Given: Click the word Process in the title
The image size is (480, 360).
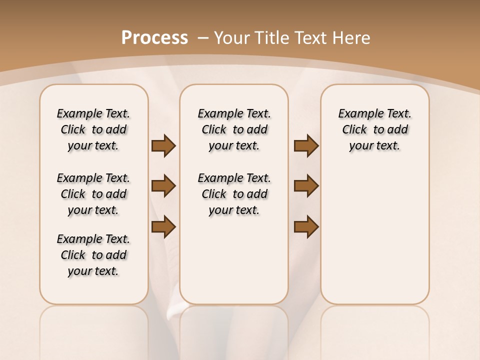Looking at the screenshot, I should click(x=154, y=38).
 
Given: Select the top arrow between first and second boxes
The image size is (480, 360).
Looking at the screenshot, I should click(x=163, y=146).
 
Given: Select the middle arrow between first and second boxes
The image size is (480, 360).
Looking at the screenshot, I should click(x=163, y=186).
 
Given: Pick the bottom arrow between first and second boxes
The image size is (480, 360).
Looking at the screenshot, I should click(x=163, y=227).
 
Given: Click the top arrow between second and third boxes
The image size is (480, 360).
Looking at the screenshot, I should click(x=306, y=146).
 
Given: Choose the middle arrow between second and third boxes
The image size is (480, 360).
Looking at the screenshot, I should click(x=306, y=186).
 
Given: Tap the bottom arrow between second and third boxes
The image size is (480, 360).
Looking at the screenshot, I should click(x=306, y=227).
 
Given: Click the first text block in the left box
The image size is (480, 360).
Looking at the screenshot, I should click(x=93, y=130).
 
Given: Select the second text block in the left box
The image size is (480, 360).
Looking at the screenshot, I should click(x=93, y=194).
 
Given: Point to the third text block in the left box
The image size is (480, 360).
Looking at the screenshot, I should click(x=93, y=255).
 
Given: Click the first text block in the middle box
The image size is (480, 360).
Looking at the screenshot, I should click(x=234, y=130).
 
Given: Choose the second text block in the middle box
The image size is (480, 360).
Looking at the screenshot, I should click(x=234, y=194).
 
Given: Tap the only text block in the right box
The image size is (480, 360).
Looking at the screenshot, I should click(x=375, y=130).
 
